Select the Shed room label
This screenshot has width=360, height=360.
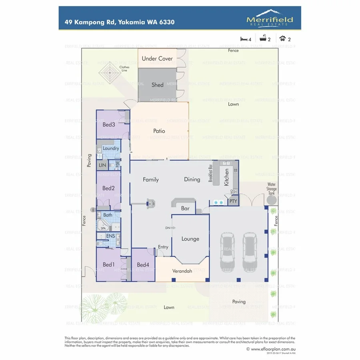tap(158, 85)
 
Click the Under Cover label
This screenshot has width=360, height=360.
tap(158, 58)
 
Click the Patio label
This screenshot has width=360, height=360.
tap(159, 131)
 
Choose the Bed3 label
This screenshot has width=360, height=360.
tap(109, 124)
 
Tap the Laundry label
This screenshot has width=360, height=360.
tap(111, 148)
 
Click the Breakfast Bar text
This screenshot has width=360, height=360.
tap(210, 173)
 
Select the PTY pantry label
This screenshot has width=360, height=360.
tap(233, 201)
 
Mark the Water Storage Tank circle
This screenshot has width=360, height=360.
tap(272, 199)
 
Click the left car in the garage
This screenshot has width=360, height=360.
tap(228, 252)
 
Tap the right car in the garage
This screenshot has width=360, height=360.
tap(250, 252)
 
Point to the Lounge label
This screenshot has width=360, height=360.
tap(190, 239)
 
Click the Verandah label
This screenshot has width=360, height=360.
tap(182, 271)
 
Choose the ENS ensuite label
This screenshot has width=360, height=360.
tap(111, 236)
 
